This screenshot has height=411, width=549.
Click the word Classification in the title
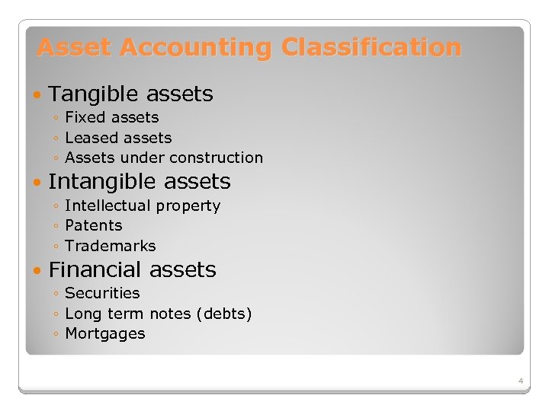point(371,48)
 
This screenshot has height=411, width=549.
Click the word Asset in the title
point(75,48)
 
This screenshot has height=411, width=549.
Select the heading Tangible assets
point(130,94)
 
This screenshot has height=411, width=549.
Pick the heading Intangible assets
point(139,182)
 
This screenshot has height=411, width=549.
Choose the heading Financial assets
point(132,270)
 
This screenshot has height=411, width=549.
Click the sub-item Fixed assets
point(112,117)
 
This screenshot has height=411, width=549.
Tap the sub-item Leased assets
point(118,138)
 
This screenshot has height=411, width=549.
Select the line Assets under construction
point(164,158)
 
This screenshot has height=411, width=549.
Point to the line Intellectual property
point(143,205)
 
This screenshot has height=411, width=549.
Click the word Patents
point(94,225)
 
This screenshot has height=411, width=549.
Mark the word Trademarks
point(111,246)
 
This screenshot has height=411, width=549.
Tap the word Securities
point(102,293)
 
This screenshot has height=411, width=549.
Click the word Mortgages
point(104,333)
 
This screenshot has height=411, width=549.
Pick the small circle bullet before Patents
point(57,226)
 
